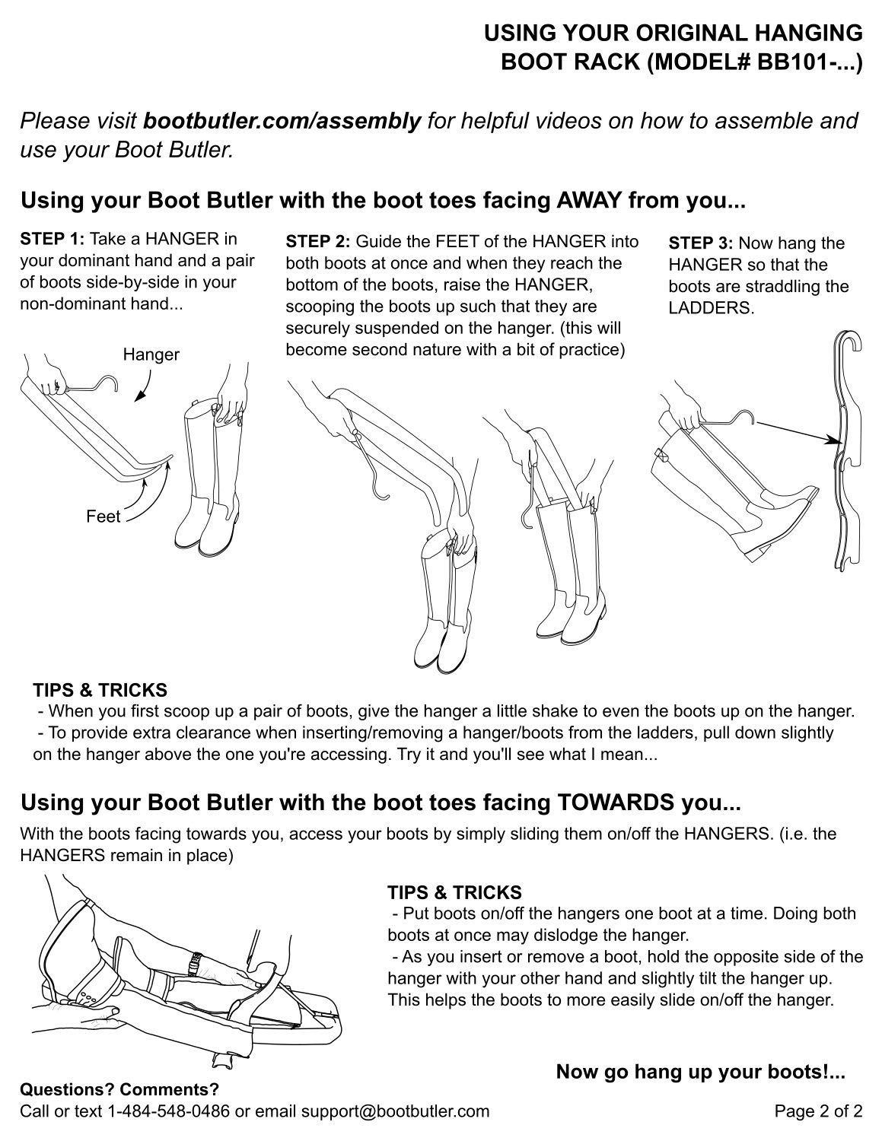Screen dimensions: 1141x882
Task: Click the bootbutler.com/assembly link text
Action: [x=282, y=120]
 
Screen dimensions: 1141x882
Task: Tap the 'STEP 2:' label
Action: [x=317, y=243]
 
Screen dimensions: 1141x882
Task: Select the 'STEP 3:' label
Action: [x=700, y=244]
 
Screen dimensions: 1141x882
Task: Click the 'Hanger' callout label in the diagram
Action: [x=151, y=354]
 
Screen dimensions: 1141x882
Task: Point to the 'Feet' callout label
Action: [x=103, y=517]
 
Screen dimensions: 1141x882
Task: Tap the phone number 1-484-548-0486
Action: [x=169, y=1111]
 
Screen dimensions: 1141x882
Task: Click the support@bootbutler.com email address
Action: [x=394, y=1111]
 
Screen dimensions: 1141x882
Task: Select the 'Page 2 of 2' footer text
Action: [x=818, y=1111]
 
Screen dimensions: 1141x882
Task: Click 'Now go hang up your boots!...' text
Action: [x=700, y=1073]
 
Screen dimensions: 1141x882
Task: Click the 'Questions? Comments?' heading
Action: [x=119, y=1089]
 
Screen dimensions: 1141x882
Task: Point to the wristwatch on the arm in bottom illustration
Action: [x=195, y=964]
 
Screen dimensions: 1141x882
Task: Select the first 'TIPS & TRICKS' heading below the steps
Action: [x=100, y=691]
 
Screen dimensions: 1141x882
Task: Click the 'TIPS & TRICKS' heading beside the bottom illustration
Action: [x=454, y=892]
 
